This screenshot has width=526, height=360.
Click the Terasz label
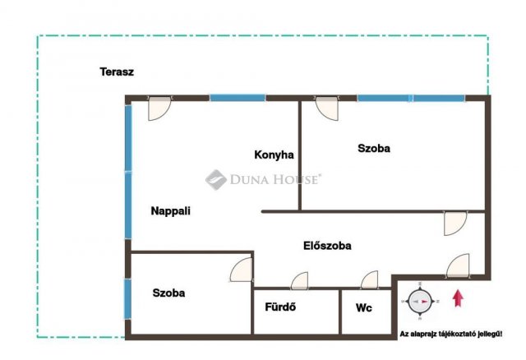[117, 72]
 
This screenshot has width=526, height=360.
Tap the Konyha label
[274, 155]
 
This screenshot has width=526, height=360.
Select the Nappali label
[170, 211]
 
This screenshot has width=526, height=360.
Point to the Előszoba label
[327, 246]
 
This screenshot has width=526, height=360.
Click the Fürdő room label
[280, 307]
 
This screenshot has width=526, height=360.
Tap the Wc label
[363, 307]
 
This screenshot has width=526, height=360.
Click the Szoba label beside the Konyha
[374, 148]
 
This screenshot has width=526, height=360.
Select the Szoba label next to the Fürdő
[168, 293]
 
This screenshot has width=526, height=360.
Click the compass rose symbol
[420, 302]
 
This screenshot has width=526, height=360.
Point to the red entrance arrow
[458, 298]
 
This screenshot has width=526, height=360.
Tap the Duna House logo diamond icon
[215, 180]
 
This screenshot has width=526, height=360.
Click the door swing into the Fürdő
[299, 281]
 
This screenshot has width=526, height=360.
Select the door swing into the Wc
[369, 279]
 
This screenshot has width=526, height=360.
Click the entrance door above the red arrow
[458, 265]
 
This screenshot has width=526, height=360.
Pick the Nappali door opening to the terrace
[159, 108]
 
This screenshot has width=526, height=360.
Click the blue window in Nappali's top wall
[238, 98]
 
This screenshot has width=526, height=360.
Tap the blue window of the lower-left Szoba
[127, 299]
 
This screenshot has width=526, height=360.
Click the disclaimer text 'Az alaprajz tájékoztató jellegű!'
[451, 335]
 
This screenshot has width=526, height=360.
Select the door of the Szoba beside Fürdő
[241, 270]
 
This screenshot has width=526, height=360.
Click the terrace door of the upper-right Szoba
[326, 108]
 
